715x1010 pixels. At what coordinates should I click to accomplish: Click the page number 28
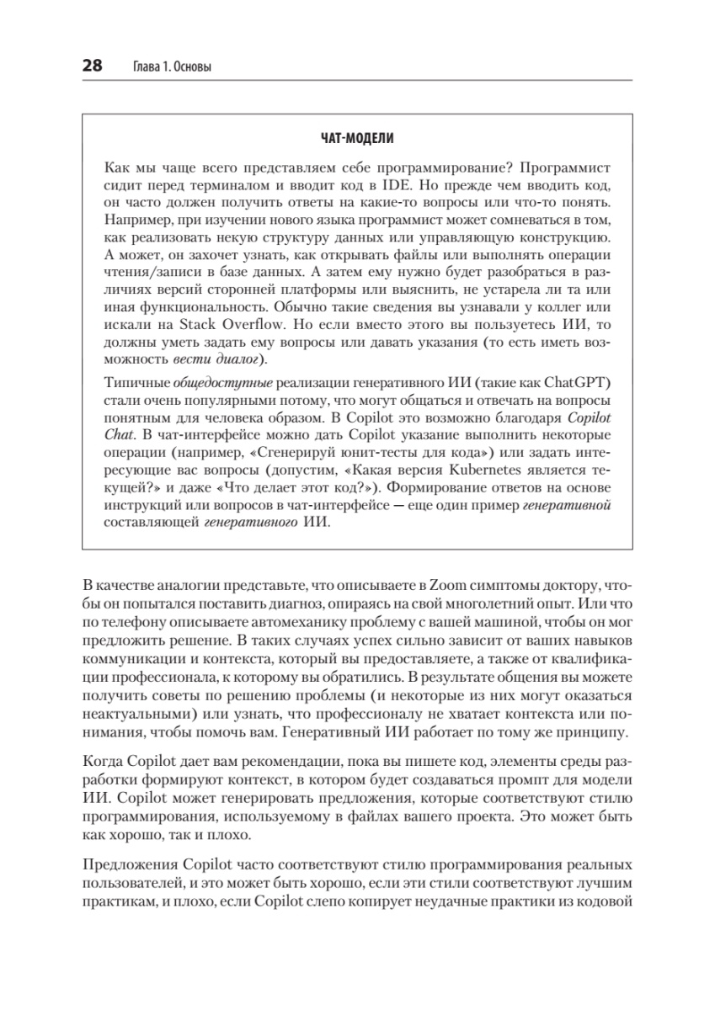pos(92,65)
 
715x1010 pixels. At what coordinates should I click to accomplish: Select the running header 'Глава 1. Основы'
pos(174,66)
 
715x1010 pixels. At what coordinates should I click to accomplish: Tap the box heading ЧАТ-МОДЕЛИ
pos(358,137)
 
